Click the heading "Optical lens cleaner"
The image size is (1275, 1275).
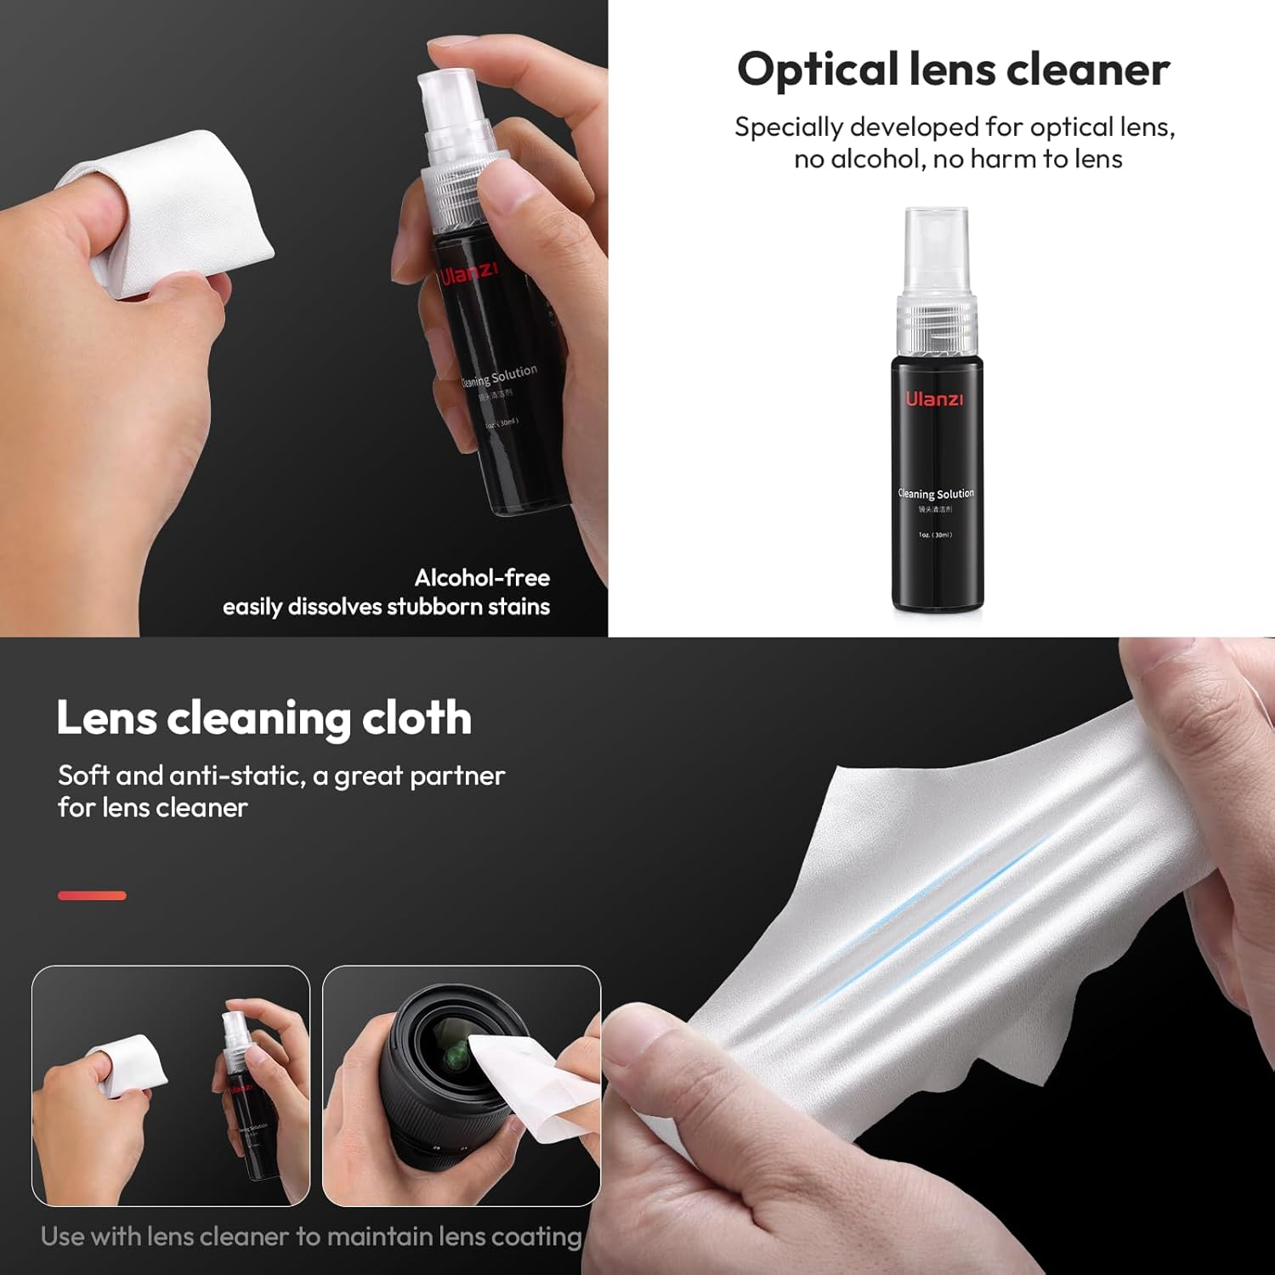click(x=953, y=70)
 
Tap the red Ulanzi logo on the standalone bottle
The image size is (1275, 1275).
click(x=934, y=399)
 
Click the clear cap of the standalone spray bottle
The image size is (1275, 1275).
click(x=936, y=250)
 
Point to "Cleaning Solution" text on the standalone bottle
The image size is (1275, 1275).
click(x=936, y=493)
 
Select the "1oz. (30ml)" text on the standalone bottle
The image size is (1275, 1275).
click(x=935, y=535)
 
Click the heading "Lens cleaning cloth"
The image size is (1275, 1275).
click(x=263, y=718)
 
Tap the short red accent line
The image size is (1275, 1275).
click(x=92, y=895)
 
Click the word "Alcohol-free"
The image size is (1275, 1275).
click(x=482, y=578)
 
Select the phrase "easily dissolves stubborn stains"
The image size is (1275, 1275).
click(x=386, y=607)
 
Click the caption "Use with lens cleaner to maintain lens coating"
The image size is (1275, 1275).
click(x=311, y=1236)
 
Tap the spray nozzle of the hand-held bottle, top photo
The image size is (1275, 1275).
click(x=450, y=98)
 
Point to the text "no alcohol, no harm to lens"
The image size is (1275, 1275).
click(x=958, y=159)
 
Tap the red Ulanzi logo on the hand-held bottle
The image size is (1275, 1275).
click(x=468, y=274)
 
